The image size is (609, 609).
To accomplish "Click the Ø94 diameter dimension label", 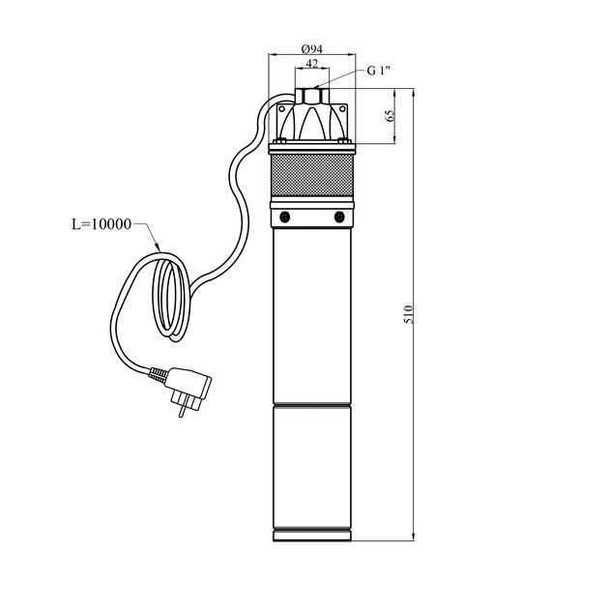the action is pyautogui.click(x=312, y=49).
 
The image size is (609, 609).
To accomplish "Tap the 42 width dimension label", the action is pyautogui.click(x=312, y=63).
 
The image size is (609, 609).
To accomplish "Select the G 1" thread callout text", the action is pyautogui.click(x=378, y=71).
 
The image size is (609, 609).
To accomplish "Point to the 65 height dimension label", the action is pyautogui.click(x=390, y=115).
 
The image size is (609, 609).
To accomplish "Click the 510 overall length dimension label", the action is pyautogui.click(x=409, y=314).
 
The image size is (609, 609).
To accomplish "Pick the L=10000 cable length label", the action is pyautogui.click(x=101, y=224).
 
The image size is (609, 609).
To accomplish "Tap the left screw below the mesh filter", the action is pyautogui.click(x=285, y=217).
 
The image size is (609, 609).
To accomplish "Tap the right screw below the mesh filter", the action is pyautogui.click(x=339, y=217).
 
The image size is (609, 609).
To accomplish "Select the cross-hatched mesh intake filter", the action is pyautogui.click(x=312, y=175).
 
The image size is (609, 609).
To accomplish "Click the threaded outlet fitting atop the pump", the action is pyautogui.click(x=312, y=96).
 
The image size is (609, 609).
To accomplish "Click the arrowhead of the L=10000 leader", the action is pyautogui.click(x=158, y=246).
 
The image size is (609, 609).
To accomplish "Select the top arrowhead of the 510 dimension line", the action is pyautogui.click(x=413, y=92).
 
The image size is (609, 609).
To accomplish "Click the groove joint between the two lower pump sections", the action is pyautogui.click(x=312, y=405).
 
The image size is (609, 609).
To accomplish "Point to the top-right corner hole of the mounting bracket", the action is pyautogui.click(x=342, y=108).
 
